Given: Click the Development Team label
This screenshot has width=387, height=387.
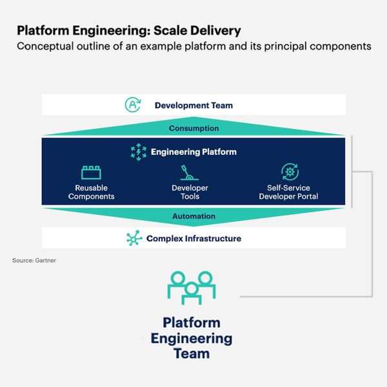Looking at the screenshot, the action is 193,105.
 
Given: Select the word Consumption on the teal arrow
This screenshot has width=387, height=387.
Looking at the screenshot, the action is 193,128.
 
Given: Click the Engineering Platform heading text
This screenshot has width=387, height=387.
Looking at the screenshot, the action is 193,152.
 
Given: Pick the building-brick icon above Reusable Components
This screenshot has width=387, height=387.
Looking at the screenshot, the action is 91,172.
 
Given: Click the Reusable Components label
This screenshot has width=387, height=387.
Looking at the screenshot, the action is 92,192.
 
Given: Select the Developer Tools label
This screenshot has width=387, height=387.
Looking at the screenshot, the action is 190,192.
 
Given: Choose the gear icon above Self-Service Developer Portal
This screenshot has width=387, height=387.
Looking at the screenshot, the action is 290,172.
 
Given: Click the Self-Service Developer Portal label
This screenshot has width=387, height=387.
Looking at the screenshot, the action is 288,192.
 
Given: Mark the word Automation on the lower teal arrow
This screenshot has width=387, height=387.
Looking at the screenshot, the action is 193,216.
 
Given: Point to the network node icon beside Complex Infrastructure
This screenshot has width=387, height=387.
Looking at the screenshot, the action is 134,239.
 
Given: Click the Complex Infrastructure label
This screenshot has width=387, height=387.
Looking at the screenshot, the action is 193,239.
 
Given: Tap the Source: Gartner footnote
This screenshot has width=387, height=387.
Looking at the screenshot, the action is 34,261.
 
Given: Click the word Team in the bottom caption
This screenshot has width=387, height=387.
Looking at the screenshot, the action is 192,353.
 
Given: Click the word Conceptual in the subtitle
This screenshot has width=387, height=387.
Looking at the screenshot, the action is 45,46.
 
